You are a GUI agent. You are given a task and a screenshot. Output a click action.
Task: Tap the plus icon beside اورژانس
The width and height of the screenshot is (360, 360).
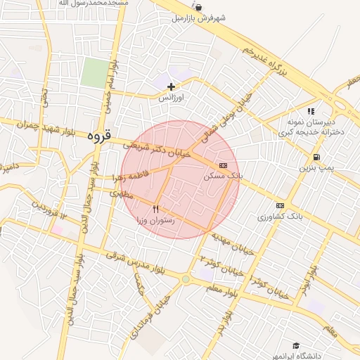tap(171, 86)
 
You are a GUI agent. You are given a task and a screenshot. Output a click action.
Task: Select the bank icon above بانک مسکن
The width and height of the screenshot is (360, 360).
tap(223, 165)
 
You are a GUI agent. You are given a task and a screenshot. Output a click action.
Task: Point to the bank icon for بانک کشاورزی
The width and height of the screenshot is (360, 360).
tap(280, 205)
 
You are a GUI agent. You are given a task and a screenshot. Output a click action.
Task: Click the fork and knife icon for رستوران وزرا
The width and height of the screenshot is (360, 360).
tap(156, 209)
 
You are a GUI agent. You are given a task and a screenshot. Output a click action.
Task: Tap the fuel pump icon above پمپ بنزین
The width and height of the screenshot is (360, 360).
tap(316, 157)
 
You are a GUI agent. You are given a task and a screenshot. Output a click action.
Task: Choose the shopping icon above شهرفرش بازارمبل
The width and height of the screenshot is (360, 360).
tap(199, 8)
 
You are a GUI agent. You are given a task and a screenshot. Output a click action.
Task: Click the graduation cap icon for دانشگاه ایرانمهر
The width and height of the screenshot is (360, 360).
tap(296, 346)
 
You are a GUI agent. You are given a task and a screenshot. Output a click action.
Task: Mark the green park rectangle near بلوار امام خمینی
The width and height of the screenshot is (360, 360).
tap(94, 73)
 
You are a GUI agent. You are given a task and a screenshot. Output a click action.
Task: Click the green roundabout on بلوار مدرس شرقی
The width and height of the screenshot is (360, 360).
tap(185, 279)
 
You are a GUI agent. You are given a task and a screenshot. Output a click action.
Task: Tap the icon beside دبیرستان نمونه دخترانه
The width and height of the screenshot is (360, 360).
tap(311, 111)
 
